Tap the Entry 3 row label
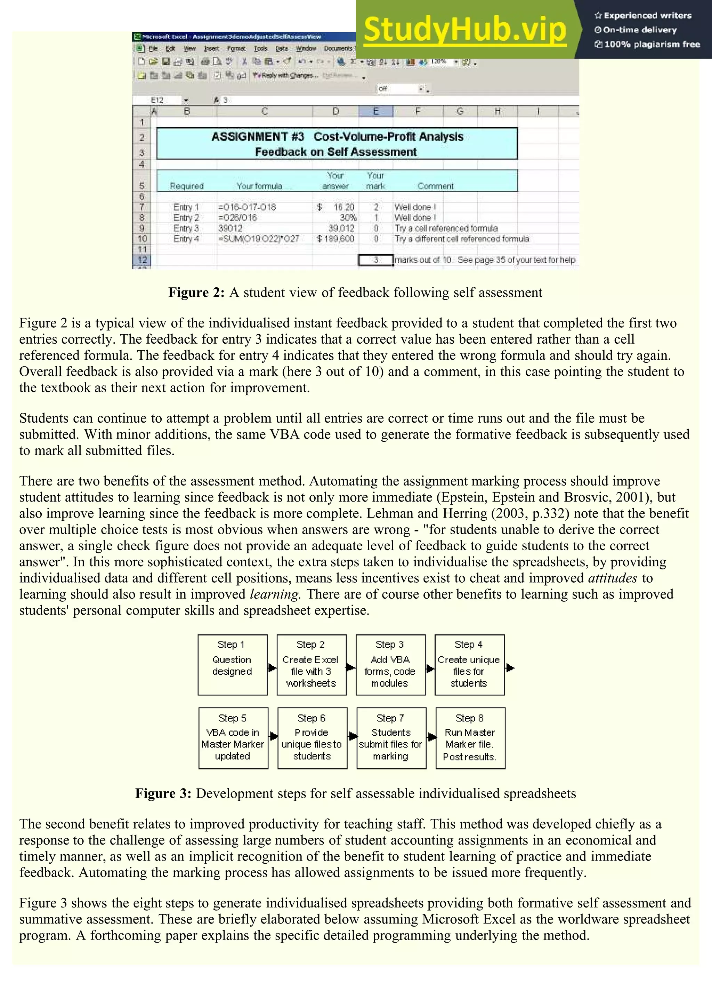click(x=186, y=228)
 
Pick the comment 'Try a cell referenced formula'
click(x=446, y=228)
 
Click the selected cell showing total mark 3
click(x=375, y=260)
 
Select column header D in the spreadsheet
click(x=335, y=112)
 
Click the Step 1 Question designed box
click(x=232, y=665)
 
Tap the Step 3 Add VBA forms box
click(x=390, y=665)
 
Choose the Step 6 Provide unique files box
click(x=312, y=738)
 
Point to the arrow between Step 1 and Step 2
click(x=272, y=668)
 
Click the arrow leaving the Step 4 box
click(x=510, y=668)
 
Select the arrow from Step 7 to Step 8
click(x=432, y=737)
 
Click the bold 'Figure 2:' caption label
click(x=196, y=293)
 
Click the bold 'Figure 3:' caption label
click(x=163, y=793)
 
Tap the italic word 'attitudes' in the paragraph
click(x=613, y=578)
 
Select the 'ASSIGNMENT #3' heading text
click(x=258, y=137)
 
